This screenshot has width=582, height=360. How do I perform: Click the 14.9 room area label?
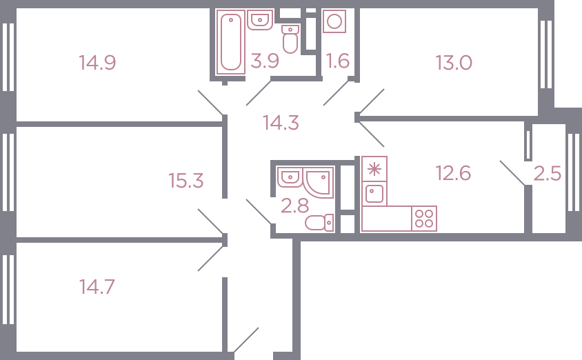point(97,62)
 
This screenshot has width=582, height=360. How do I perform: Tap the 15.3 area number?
point(186,181)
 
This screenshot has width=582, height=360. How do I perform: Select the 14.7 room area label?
point(97,287)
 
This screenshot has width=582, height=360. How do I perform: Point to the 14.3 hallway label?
point(281,123)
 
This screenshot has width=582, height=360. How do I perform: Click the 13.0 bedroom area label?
point(454,63)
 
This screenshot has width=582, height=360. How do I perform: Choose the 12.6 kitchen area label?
point(453,173)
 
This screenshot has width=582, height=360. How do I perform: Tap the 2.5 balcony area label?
point(548,174)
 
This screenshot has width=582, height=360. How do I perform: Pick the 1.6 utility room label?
point(337,61)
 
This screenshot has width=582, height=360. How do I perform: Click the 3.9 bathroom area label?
point(265,61)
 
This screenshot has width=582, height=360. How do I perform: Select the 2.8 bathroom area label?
point(294,206)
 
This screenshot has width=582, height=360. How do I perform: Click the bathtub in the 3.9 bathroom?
point(231,42)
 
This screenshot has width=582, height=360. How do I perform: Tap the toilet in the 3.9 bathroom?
point(290,39)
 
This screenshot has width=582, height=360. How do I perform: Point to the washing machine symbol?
point(334,21)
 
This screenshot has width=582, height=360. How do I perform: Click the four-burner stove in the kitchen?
point(424,219)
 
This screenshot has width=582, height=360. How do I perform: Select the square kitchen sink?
point(374,194)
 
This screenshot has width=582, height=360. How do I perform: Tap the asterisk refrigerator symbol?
point(374,169)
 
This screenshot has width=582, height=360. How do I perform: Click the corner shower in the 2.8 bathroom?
point(318,182)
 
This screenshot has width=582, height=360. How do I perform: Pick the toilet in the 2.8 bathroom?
point(319,223)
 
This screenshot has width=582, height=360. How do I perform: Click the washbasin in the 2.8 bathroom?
point(290,177)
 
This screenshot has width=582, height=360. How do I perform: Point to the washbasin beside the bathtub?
point(260,20)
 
